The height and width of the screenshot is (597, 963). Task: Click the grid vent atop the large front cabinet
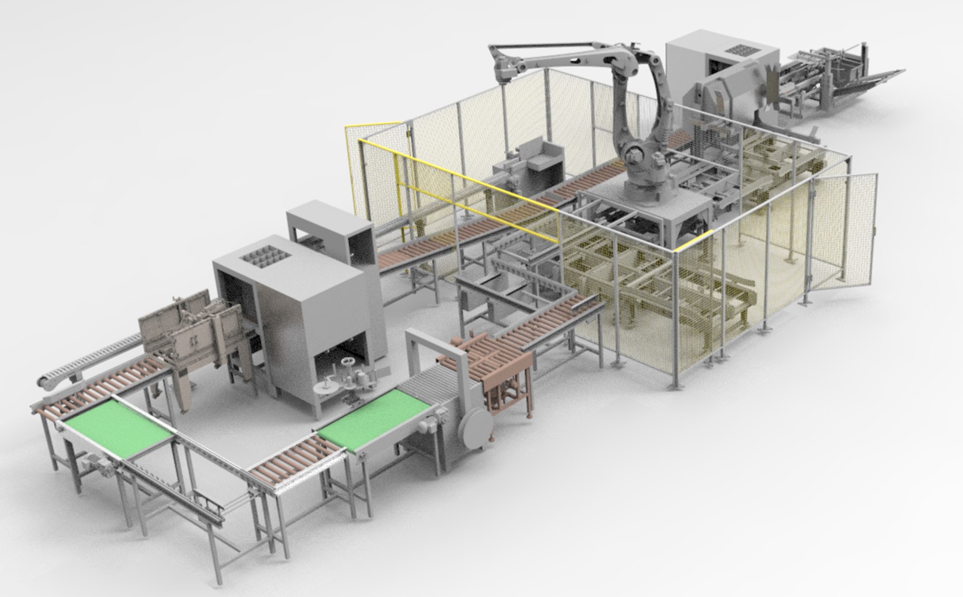click(x=265, y=258)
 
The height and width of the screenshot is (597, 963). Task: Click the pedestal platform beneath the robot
click(x=647, y=216)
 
